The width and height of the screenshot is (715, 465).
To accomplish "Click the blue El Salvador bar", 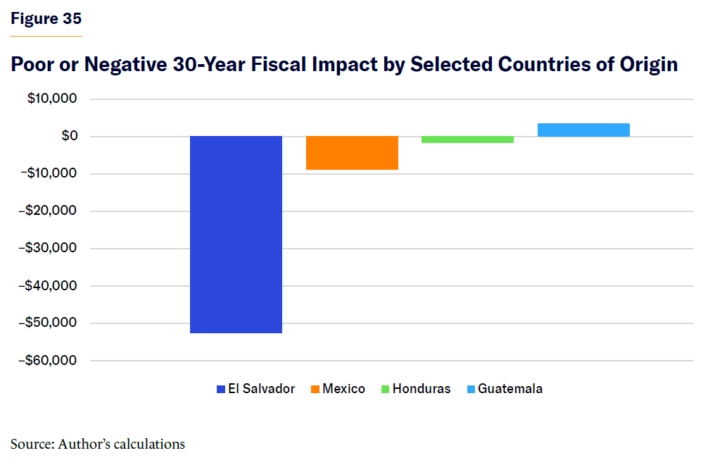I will tap(236, 234).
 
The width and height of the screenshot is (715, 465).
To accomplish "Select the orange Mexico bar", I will tap(352, 153).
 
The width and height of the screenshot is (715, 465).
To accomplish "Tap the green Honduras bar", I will tap(467, 139).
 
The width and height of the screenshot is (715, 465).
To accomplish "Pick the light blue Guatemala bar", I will tap(583, 130).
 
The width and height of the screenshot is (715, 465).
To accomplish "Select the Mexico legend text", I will tap(343, 389).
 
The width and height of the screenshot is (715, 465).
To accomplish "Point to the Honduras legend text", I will tap(421, 389).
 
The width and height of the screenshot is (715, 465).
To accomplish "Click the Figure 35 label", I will tap(46, 19).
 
